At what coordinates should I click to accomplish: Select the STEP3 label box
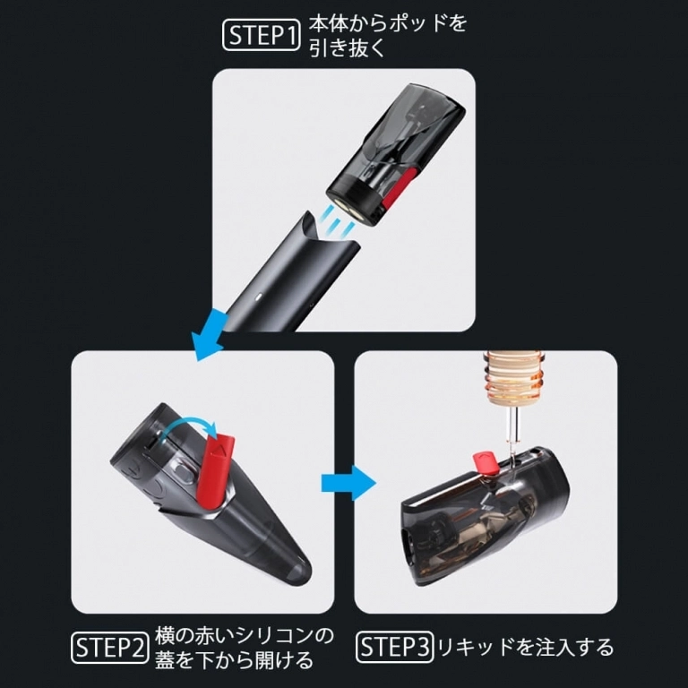coord(395,647)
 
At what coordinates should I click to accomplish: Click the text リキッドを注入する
coord(524,647)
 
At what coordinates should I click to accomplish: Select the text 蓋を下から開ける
coord(234,661)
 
